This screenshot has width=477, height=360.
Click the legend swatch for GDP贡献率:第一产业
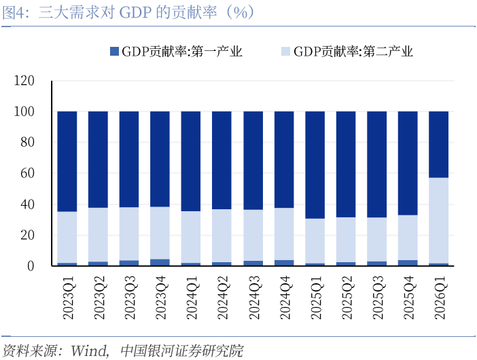pos(114,52)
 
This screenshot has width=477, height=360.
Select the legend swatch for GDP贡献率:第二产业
pos(285,52)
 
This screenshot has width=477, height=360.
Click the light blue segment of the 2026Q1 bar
pos(439,220)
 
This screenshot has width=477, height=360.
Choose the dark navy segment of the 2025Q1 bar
pos(315,164)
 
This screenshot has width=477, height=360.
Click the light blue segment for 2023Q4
pos(160,232)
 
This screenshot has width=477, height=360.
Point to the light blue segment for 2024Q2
pos(222,235)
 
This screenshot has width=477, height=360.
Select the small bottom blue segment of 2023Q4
pos(160,262)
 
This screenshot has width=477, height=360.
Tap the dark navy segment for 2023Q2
pos(98,159)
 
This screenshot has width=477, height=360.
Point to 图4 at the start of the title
pos(14,12)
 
